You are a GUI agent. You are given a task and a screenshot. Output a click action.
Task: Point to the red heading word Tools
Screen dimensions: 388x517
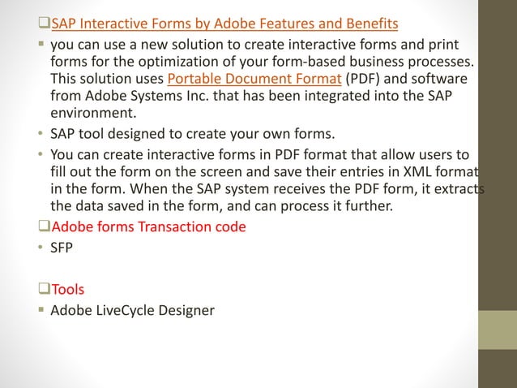[67, 289]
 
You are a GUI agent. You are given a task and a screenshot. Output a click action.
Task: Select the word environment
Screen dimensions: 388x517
[90, 114]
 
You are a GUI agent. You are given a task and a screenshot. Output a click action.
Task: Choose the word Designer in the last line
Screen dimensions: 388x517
[188, 309]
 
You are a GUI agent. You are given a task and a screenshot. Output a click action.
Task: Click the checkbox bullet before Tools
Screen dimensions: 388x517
[45, 289]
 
